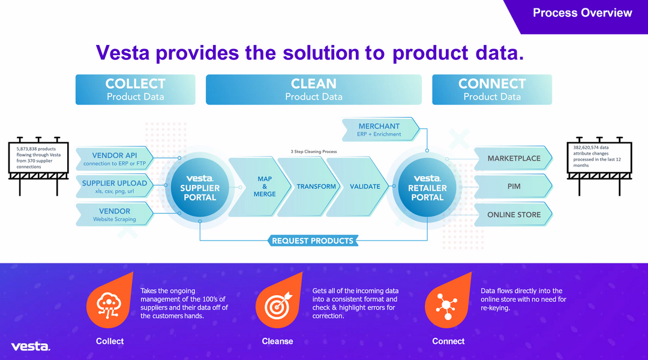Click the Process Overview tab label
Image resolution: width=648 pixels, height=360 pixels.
tap(582, 13)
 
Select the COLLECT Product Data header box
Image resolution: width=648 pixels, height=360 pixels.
tap(135, 89)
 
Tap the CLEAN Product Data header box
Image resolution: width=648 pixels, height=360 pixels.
tap(314, 89)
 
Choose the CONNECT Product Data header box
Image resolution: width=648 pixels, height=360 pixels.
tap(492, 89)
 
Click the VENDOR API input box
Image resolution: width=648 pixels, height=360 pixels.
tap(114, 159)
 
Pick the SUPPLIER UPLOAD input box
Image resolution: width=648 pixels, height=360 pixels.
tap(114, 187)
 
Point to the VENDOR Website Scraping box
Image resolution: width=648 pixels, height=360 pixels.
tap(114, 215)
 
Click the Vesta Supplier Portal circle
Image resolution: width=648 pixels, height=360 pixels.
tap(199, 187)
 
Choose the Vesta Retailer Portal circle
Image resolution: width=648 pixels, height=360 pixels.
tap(428, 187)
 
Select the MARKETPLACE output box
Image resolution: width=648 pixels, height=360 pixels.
tap(514, 158)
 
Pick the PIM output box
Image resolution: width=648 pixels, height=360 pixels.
tap(514, 187)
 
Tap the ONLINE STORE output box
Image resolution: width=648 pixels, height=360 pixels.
tap(514, 215)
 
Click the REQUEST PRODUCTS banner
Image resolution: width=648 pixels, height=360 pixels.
tap(312, 241)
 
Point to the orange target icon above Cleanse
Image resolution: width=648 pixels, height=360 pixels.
tap(277, 304)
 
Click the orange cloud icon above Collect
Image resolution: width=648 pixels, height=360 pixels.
tap(109, 304)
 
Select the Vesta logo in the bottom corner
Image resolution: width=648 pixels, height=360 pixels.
tap(31, 346)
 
